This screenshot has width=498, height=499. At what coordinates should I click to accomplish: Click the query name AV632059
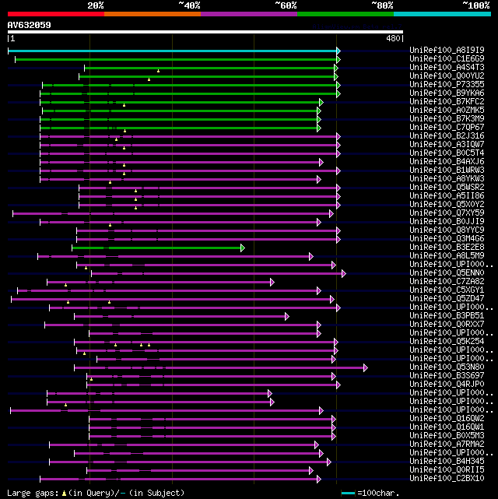pyautogui.click(x=29, y=25)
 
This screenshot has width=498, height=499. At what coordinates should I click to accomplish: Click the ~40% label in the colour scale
pyautogui.click(x=189, y=5)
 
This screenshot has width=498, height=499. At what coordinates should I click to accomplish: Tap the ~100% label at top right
pyautogui.click(x=475, y=5)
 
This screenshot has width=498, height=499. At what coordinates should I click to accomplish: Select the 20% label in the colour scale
pyautogui.click(x=96, y=5)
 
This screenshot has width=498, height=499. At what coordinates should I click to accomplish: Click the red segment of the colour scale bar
pyautogui.click(x=55, y=13)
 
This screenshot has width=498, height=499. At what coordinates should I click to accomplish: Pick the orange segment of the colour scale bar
pyautogui.click(x=152, y=13)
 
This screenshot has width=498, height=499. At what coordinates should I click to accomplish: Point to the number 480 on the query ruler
pyautogui.click(x=393, y=37)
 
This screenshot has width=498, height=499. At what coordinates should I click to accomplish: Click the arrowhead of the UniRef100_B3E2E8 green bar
pyautogui.click(x=243, y=248)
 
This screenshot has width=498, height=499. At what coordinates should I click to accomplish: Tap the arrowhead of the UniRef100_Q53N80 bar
pyautogui.click(x=365, y=367)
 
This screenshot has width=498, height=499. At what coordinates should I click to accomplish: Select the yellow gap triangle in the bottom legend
pyautogui.click(x=64, y=493)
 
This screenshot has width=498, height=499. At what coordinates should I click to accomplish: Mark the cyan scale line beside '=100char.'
pyautogui.click(x=348, y=493)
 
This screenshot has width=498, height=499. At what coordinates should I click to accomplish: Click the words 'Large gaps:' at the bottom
pyautogui.click(x=30, y=493)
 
